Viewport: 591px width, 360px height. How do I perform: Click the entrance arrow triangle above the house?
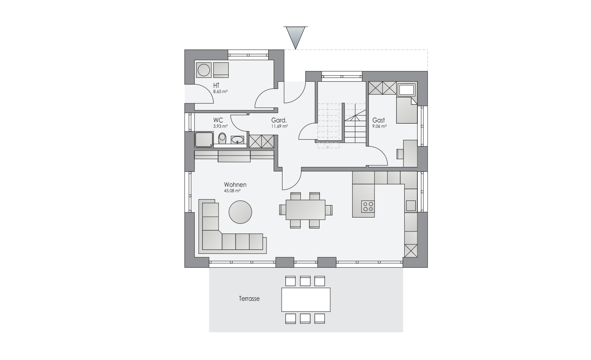pyautogui.click(x=295, y=37)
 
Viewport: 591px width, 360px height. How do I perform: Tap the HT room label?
pyautogui.click(x=216, y=86)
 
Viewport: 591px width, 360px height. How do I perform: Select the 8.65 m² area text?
pyautogui.click(x=221, y=92)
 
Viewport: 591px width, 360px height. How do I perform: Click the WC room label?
pyautogui.click(x=218, y=120)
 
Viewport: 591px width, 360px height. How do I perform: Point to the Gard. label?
pyautogui.click(x=279, y=120)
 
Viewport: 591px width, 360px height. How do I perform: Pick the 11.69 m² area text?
pyautogui.click(x=280, y=126)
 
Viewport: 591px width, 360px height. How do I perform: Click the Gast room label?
pyautogui.click(x=379, y=120)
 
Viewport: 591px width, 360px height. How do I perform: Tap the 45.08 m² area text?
pyautogui.click(x=232, y=191)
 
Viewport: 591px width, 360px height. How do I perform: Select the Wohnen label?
pyautogui.click(x=235, y=184)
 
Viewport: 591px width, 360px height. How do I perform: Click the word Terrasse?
pyautogui.click(x=249, y=299)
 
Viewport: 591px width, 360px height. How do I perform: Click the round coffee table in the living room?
pyautogui.click(x=240, y=212)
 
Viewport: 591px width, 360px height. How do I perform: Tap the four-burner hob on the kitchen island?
pyautogui.click(x=368, y=207)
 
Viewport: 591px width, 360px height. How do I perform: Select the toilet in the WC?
pyautogui.click(x=223, y=138)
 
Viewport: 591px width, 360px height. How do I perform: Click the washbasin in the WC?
pyautogui.click(x=238, y=140)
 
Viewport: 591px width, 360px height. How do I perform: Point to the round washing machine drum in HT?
pyautogui.click(x=204, y=71)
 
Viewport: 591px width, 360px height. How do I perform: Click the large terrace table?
pyautogui.click(x=306, y=300)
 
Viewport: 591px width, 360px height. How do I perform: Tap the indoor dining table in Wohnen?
pyautogui.click(x=306, y=210)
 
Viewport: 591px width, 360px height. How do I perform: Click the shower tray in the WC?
pyautogui.click(x=204, y=140)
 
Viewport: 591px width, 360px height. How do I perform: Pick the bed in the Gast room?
pyautogui.click(x=407, y=110)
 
